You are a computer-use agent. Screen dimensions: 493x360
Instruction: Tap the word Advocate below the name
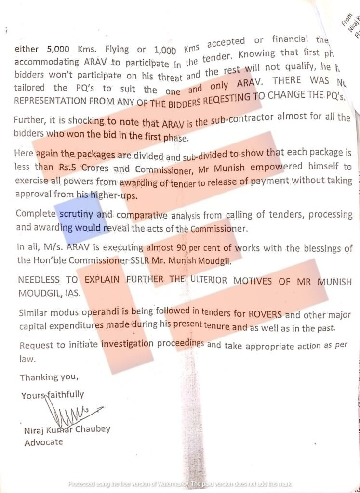click(x=43, y=441)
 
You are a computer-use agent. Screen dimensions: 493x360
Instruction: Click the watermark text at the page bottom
click(x=180, y=484)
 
